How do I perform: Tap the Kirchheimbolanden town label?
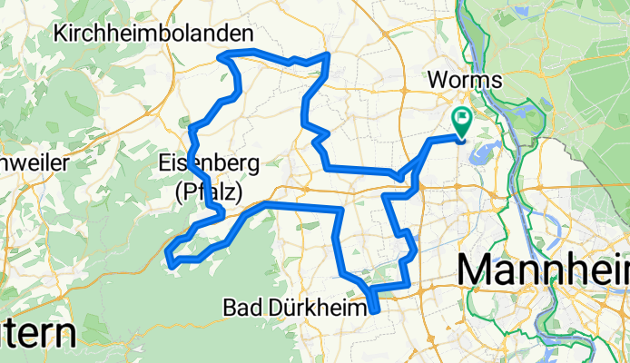tap(154, 34)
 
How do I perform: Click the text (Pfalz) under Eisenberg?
tap(208, 191)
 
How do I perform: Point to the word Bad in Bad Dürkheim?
tap(239, 309)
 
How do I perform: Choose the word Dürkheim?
tap(310, 309)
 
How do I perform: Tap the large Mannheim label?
tap(543, 270)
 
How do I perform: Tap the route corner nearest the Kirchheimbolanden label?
tap(221, 57)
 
